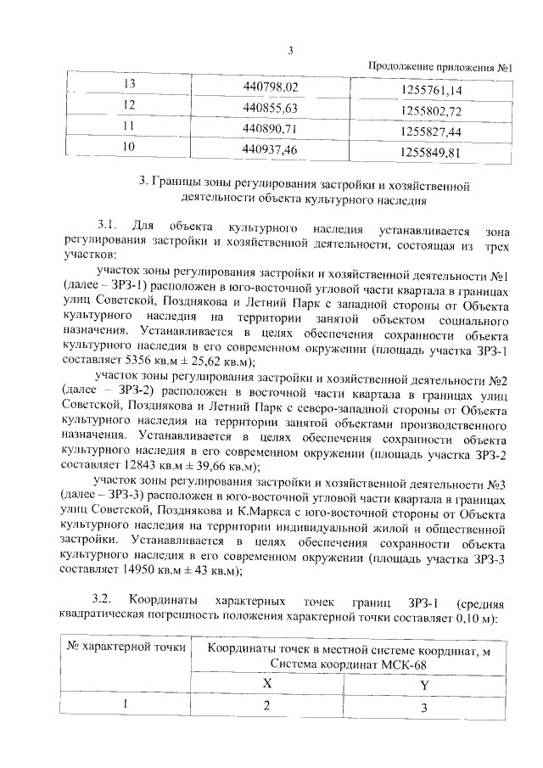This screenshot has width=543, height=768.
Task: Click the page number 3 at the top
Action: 290,49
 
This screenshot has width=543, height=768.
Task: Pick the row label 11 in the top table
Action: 130,127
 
